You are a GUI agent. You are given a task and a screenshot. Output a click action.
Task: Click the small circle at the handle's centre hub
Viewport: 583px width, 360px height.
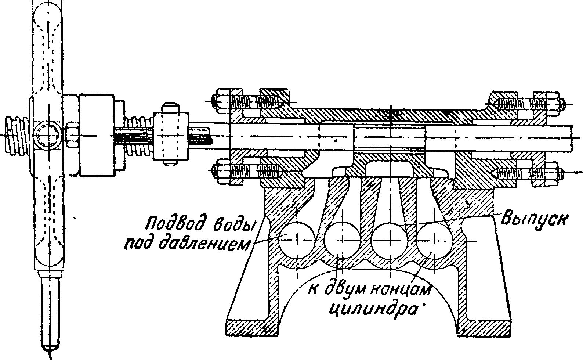47,136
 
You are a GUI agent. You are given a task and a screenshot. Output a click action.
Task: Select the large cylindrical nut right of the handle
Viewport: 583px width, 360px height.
96,136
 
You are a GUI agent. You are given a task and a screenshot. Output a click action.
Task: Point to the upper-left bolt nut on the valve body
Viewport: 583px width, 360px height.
223,100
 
